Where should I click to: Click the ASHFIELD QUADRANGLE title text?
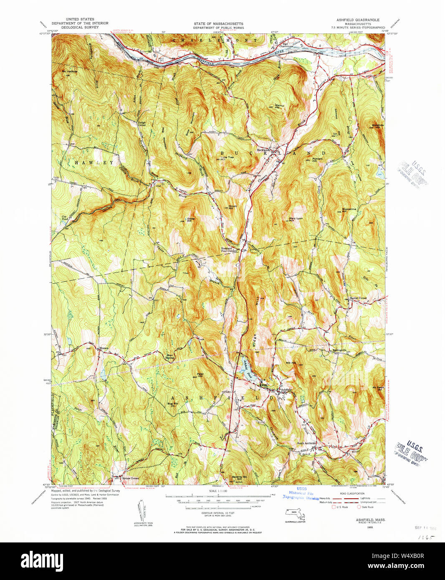358,20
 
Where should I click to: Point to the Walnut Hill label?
279,106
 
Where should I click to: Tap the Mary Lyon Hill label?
296,219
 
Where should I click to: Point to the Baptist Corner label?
358,298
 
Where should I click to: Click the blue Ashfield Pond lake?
247,367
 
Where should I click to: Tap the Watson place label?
104,348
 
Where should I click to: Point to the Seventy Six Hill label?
240,478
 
